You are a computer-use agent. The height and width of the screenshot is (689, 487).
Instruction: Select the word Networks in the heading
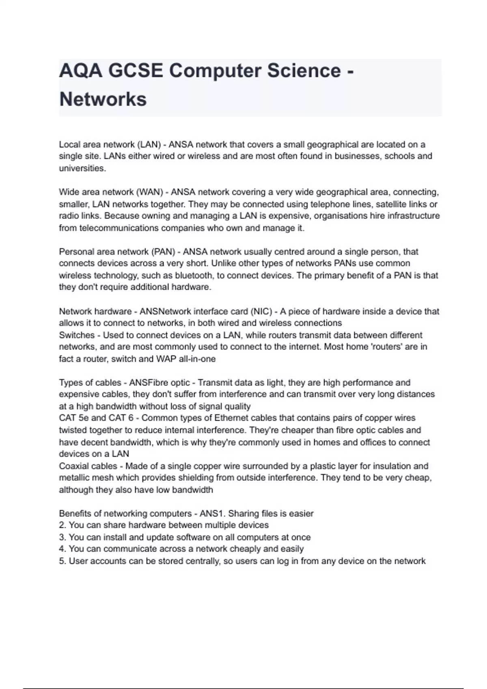[103, 99]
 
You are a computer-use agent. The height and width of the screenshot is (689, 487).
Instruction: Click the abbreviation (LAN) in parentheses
[149, 145]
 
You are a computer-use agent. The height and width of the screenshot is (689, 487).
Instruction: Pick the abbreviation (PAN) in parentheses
[163, 252]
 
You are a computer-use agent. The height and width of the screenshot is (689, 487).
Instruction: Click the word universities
[82, 169]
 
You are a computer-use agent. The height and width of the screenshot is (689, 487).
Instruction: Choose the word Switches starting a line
[77, 335]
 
